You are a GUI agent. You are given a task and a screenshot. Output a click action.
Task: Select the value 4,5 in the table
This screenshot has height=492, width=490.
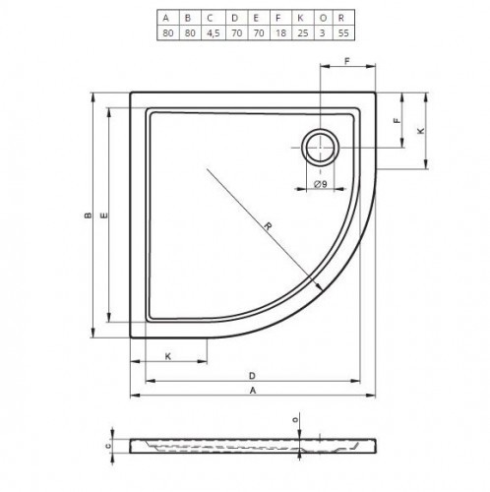click(210, 31)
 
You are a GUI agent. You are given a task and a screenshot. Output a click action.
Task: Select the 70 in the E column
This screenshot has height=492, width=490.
click(254, 31)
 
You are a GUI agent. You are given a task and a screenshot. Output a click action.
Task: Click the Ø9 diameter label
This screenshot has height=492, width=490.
click(321, 184)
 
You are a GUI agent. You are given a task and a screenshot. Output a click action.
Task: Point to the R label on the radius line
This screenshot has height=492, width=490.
click(269, 227)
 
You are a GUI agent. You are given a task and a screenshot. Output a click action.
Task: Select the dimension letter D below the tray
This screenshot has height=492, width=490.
click(253, 376)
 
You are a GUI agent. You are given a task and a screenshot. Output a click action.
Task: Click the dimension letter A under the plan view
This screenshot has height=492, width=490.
click(253, 392)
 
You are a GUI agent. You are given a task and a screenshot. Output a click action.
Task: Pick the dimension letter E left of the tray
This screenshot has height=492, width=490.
click(103, 215)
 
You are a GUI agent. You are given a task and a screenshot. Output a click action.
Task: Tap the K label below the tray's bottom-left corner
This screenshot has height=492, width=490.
click(168, 355)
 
